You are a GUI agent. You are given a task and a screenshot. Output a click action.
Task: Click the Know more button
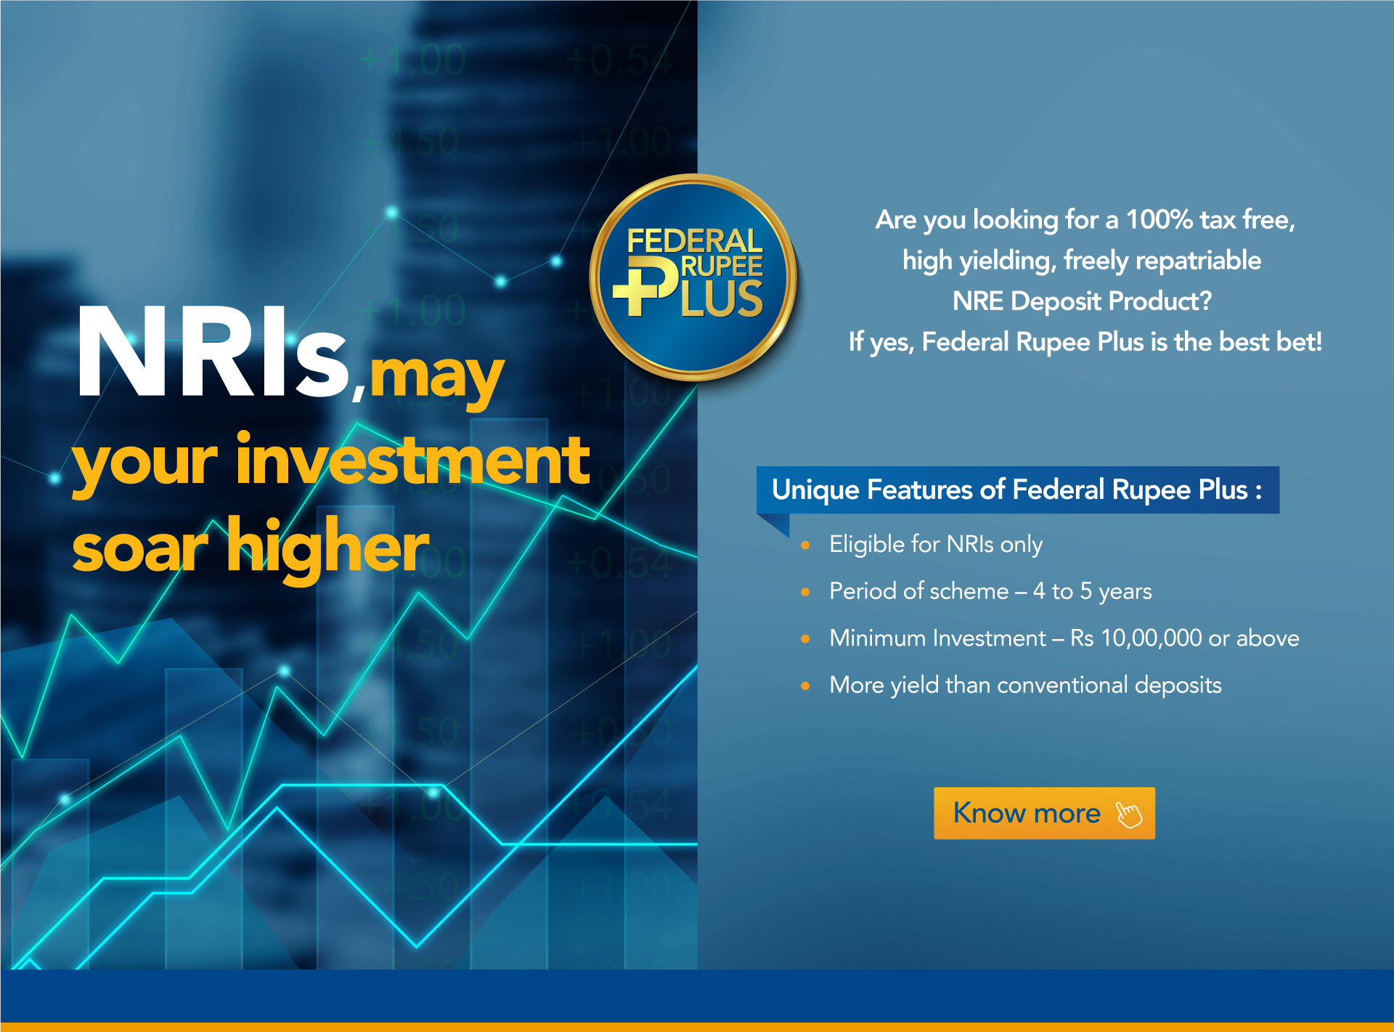pyautogui.click(x=1044, y=813)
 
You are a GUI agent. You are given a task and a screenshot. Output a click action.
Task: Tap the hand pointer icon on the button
pyautogui.click(x=1128, y=814)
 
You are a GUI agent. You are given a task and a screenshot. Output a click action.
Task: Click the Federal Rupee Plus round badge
pyautogui.click(x=693, y=277)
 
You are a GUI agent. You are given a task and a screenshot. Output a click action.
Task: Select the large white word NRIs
pyautogui.click(x=213, y=352)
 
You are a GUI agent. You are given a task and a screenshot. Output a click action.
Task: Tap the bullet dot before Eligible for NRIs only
pyautogui.click(x=805, y=545)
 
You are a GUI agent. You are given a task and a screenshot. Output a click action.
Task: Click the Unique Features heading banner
pyautogui.click(x=1018, y=489)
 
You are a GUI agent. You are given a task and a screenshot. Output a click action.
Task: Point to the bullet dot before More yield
pyautogui.click(x=805, y=686)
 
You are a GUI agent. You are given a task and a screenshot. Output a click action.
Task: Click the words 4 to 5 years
pyautogui.click(x=1093, y=591)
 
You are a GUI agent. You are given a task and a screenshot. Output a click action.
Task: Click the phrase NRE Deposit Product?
pyautogui.click(x=1083, y=301)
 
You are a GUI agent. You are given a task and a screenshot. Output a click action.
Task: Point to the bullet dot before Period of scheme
pyautogui.click(x=805, y=592)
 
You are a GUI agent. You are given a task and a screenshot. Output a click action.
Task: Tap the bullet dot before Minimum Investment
pyautogui.click(x=805, y=639)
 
